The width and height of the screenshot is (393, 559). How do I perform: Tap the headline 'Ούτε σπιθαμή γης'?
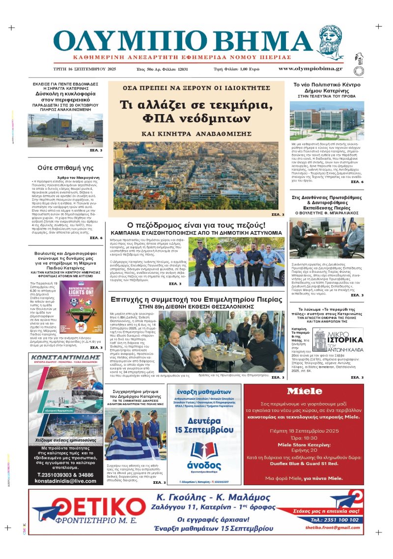pyautogui.click(x=66, y=168)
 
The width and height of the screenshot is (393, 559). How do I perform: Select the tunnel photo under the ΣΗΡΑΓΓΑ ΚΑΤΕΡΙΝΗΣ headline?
pyautogui.click(x=65, y=130)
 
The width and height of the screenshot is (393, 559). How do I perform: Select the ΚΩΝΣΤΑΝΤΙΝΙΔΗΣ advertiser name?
pyautogui.click(x=66, y=357)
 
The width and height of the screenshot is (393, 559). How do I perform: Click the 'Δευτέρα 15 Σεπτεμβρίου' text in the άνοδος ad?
pyautogui.click(x=205, y=425)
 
